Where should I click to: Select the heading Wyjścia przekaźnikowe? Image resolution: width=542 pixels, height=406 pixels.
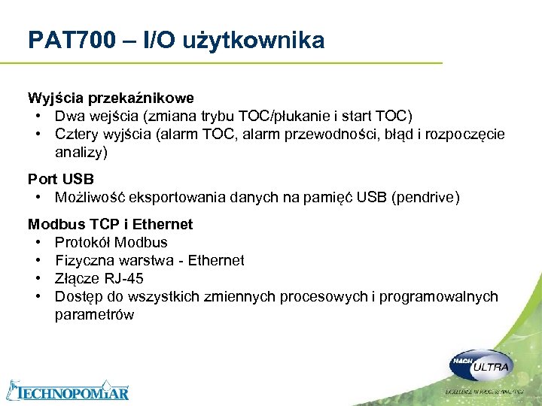111,98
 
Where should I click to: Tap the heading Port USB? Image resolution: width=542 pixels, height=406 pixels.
61,179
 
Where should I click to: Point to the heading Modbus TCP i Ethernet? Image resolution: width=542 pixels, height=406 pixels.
110,224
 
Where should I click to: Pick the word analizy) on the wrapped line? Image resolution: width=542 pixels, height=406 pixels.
81,152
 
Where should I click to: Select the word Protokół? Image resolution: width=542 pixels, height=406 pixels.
82,242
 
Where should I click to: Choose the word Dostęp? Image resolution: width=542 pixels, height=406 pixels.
77,296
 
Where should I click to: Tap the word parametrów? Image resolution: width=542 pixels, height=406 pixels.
94,314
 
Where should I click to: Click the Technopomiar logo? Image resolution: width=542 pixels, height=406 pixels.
68,391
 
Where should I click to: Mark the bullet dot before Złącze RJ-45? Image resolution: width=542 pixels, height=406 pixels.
38,278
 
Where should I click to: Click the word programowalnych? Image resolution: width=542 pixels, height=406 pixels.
438,296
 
